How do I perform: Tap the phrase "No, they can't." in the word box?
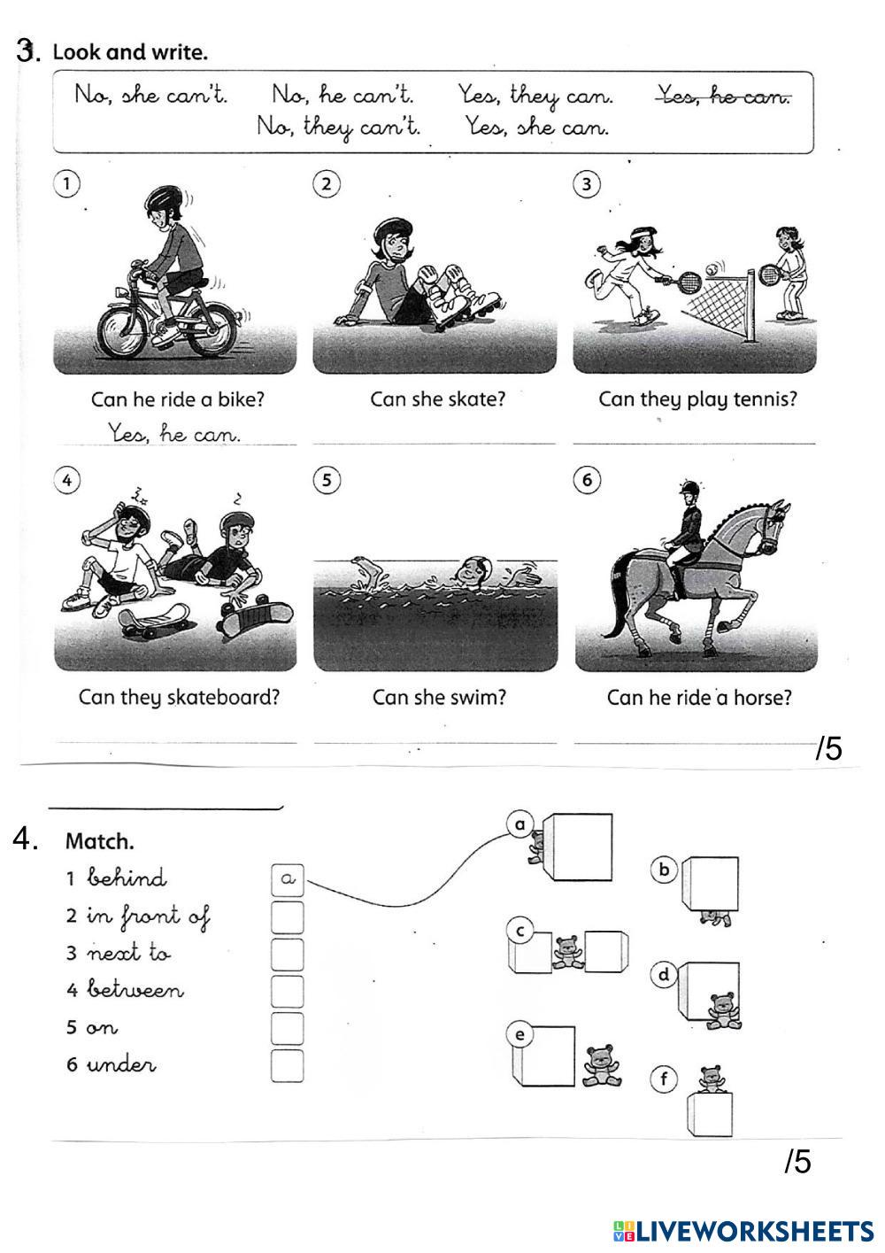[x=339, y=127]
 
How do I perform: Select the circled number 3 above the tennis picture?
[x=586, y=184]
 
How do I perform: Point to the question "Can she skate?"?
[x=437, y=399]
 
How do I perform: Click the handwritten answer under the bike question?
[x=174, y=434]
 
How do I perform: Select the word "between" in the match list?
[x=135, y=990]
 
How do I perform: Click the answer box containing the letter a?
[x=287, y=879]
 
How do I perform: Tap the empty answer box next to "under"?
[x=287, y=1065]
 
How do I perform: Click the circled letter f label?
[x=663, y=1079]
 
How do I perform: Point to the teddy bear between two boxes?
[x=566, y=951]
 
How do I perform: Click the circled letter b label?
[x=663, y=870]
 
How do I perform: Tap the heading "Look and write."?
[x=130, y=52]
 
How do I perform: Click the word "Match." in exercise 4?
[x=100, y=841]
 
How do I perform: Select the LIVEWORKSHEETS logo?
[x=743, y=1230]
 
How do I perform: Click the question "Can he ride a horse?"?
[x=699, y=698]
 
